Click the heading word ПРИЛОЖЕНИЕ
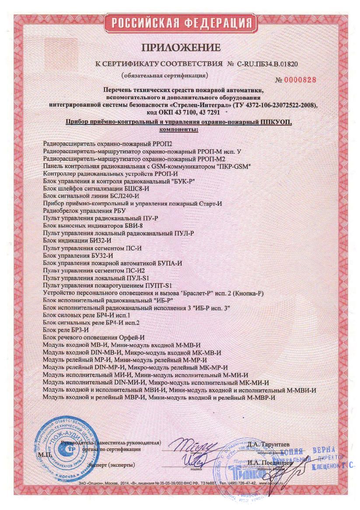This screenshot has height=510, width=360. click(x=180, y=47)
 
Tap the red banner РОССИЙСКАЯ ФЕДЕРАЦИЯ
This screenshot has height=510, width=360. click(x=180, y=23)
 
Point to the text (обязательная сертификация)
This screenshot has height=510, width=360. click(x=165, y=75)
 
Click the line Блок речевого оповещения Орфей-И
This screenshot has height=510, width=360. click(x=94, y=338)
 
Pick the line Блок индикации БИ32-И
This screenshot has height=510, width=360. click(x=78, y=240)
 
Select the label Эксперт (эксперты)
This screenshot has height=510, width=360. click(x=111, y=464)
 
